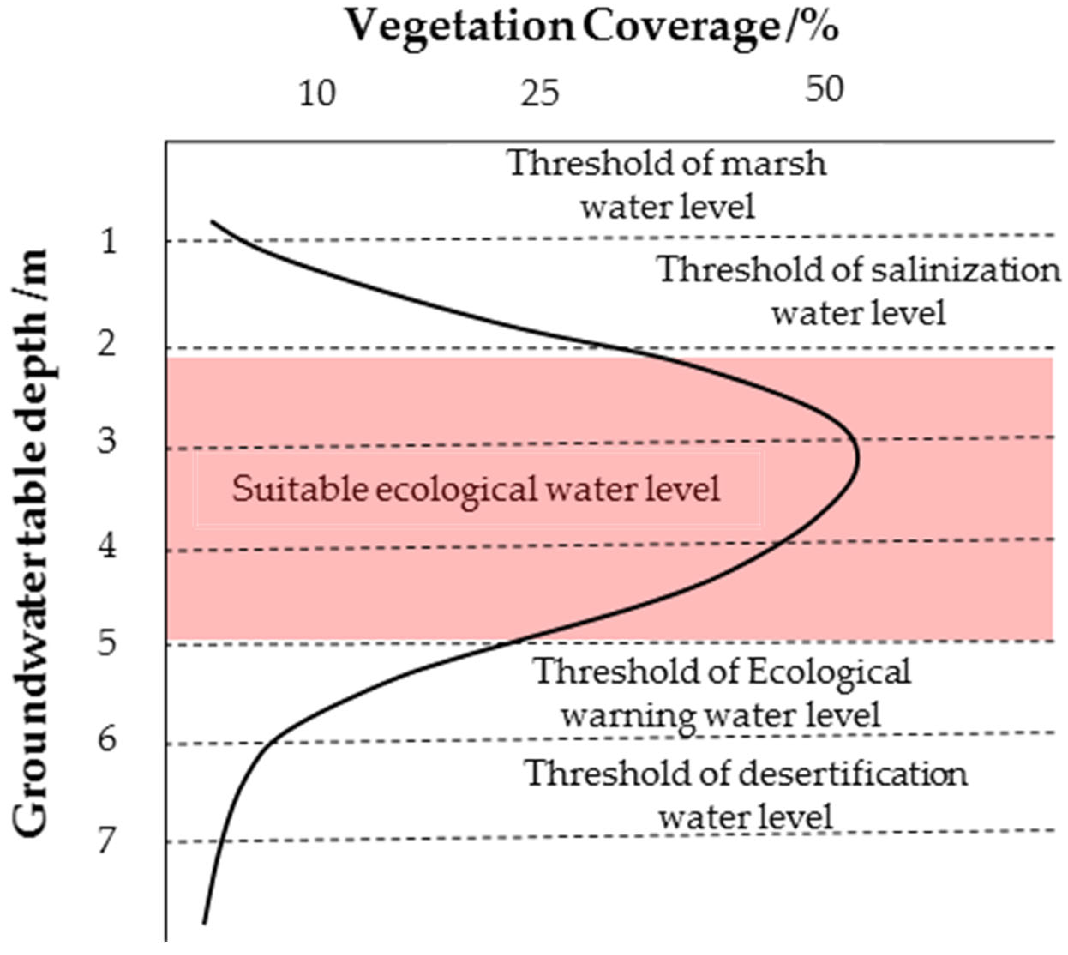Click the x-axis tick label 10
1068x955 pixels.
(317, 94)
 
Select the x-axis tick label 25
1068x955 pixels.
(540, 94)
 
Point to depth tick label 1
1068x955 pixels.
(108, 242)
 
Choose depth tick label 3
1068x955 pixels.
(108, 441)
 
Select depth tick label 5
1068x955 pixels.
(108, 643)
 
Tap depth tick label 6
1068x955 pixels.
(108, 740)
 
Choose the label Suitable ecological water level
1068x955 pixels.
(476, 489)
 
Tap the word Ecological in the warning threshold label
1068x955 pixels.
(829, 672)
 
